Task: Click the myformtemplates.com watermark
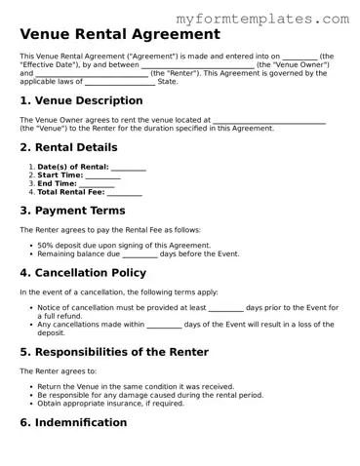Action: point(262,19)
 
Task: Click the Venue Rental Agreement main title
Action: point(119,34)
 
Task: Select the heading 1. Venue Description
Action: point(81,100)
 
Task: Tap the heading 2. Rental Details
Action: point(68,147)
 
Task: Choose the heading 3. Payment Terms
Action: point(72,210)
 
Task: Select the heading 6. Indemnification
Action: point(73,422)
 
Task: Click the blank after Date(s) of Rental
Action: point(129,168)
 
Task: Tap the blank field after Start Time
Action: point(102,176)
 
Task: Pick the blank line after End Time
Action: point(97,184)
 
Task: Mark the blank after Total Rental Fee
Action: point(125,193)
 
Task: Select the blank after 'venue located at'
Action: point(268,121)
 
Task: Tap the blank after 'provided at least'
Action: point(226,308)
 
